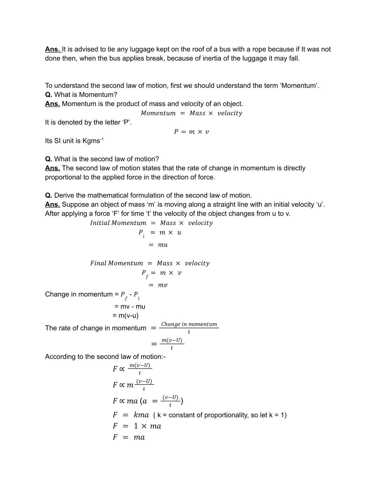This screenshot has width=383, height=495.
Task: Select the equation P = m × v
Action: click(x=191, y=132)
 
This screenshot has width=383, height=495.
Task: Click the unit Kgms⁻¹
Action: click(x=93, y=141)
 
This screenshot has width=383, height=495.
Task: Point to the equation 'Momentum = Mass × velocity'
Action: click(x=191, y=113)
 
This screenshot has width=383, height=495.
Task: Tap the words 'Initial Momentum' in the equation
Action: click(x=118, y=223)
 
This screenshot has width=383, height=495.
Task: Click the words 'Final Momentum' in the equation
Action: click(x=116, y=263)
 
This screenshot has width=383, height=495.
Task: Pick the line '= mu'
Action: click(x=158, y=245)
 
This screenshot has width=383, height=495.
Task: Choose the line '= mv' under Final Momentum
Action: click(x=158, y=285)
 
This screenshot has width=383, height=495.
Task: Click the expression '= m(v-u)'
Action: click(x=125, y=316)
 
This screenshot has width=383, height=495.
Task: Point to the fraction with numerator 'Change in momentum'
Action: click(x=189, y=327)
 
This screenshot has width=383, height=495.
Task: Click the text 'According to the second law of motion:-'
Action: click(x=105, y=357)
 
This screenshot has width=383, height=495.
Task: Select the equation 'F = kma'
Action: click(x=131, y=415)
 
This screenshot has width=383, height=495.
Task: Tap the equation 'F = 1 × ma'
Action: click(x=137, y=426)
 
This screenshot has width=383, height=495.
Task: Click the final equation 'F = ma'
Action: click(x=129, y=437)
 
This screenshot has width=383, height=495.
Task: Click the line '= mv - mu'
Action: click(x=130, y=307)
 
